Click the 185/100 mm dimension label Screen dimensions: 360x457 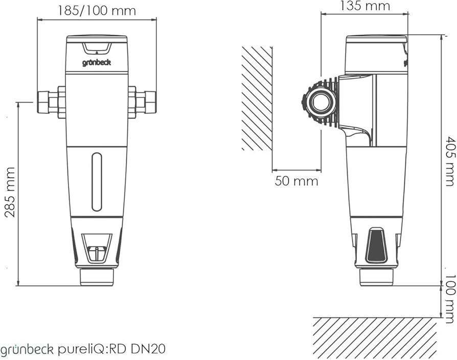97,10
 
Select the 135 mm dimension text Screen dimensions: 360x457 364,6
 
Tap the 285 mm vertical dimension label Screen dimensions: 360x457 10,192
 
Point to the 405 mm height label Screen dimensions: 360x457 449,161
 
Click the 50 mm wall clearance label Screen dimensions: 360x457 296,181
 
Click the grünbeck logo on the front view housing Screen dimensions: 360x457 97,63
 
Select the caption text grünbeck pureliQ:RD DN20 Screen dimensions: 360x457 83,349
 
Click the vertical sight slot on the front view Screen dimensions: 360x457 97,182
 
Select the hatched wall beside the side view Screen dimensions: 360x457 257,99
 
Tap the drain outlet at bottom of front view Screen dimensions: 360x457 97,277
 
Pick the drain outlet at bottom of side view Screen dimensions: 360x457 376,277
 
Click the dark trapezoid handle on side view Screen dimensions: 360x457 377,246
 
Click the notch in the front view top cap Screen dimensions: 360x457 97,48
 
